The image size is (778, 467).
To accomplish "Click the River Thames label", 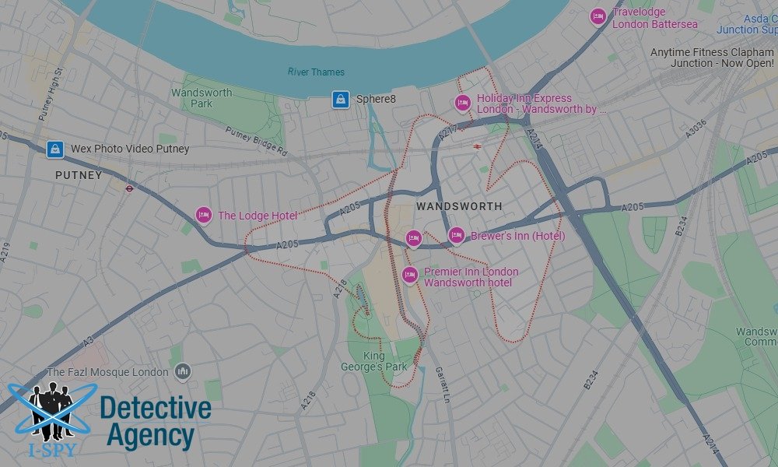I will coord(316,72).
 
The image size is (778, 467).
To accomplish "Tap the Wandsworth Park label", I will coord(202,98).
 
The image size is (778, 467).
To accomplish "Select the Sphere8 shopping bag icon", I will coord(340,99).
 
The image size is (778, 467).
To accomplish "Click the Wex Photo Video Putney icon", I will coord(54,149).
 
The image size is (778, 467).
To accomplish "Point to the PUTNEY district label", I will coord(79,176).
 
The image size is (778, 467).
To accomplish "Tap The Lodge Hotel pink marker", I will coord(203,216).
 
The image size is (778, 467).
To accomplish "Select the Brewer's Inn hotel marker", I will coord(457,235).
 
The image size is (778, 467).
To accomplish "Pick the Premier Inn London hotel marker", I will coord(410,274).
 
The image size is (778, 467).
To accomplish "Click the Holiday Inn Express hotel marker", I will coord(463,103).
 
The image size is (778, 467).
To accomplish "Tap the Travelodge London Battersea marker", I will coord(598,16).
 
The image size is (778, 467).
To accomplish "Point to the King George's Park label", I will coord(364,361).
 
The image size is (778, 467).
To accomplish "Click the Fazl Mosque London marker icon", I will coord(183,372).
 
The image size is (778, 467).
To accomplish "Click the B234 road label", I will coord(682,226).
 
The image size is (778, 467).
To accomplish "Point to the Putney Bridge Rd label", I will coord(256,142).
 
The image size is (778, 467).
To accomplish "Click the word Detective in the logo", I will coord(156,408).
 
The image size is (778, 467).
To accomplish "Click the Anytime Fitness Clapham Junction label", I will coord(712,58).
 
